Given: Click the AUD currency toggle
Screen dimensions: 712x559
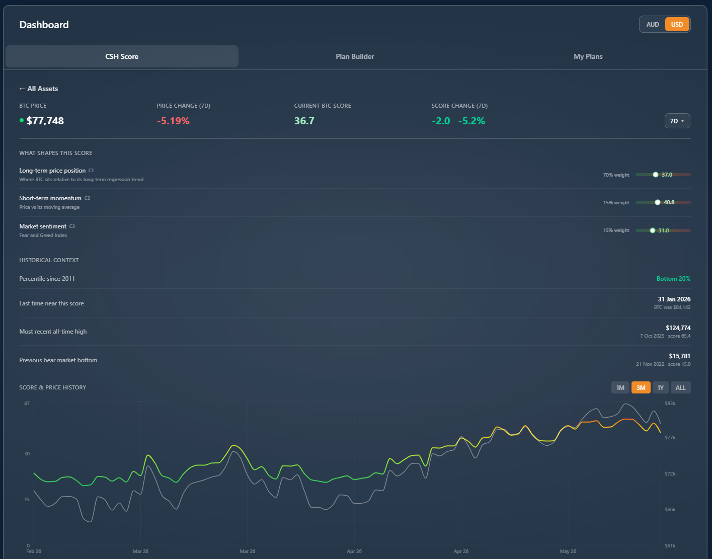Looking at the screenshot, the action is click(x=652, y=25).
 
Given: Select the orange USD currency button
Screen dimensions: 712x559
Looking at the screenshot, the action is click(x=677, y=25).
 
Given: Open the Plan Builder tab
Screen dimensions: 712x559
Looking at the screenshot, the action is click(x=355, y=56).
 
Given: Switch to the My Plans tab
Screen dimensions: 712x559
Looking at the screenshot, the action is click(x=588, y=56).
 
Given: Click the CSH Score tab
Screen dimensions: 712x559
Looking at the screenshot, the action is click(x=122, y=56).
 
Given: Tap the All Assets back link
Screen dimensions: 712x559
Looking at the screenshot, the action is click(x=39, y=89).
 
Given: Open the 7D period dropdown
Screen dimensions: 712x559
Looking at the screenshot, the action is click(x=677, y=121).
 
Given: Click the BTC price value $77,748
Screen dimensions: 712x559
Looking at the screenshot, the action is click(x=45, y=121).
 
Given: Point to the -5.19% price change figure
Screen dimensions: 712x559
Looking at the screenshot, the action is click(x=173, y=121).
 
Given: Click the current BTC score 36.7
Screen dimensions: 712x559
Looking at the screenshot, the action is click(x=304, y=121).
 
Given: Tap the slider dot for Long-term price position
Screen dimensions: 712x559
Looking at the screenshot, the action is click(x=655, y=175).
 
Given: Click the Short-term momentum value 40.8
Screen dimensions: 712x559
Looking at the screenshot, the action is click(x=669, y=202).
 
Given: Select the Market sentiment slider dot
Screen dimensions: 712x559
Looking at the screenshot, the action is click(x=652, y=230).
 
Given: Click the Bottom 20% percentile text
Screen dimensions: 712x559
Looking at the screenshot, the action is click(x=673, y=279).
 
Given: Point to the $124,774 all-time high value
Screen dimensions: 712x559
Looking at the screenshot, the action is click(x=678, y=328).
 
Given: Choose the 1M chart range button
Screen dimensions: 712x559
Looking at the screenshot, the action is click(x=620, y=388).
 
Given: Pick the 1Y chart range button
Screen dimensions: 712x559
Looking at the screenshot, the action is click(x=660, y=388).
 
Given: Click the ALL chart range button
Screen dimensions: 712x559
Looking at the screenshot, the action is click(x=680, y=388).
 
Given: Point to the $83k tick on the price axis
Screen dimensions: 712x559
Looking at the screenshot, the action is click(x=670, y=404).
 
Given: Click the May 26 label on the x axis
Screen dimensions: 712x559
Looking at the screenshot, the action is click(x=568, y=551).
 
